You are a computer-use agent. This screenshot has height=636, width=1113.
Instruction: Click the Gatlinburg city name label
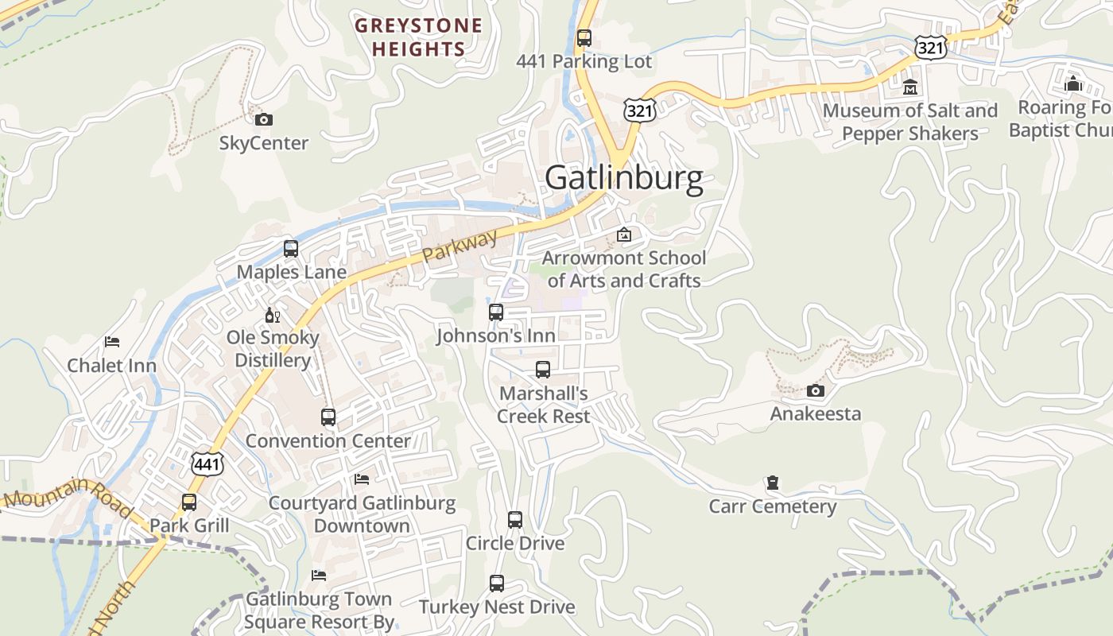click(x=624, y=178)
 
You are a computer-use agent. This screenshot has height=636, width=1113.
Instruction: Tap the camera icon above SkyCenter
click(x=264, y=120)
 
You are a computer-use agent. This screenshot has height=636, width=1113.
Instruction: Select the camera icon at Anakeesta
click(x=815, y=390)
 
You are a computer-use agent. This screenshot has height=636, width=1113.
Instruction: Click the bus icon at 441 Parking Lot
click(x=584, y=37)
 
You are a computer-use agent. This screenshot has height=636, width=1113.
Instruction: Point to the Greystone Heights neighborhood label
click(x=418, y=37)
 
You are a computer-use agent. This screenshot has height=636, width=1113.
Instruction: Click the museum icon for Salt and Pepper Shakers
click(x=910, y=87)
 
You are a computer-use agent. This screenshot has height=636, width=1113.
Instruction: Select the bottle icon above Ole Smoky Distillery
click(x=273, y=315)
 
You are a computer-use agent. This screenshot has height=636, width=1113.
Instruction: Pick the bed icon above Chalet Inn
click(x=112, y=342)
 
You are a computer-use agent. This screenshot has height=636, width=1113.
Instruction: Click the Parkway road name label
click(x=460, y=246)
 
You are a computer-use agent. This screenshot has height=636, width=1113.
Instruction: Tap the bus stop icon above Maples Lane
click(x=291, y=248)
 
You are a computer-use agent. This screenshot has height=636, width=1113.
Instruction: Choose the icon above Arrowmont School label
click(x=624, y=235)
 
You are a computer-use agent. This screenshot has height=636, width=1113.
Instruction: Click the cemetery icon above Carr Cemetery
click(x=772, y=483)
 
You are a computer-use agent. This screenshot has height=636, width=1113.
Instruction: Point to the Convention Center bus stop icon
click(x=328, y=417)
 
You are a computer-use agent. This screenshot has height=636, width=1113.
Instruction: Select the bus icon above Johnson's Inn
click(x=496, y=312)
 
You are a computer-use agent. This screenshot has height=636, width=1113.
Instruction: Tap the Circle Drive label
click(x=515, y=544)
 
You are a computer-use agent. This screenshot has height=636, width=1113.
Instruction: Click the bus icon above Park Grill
click(x=189, y=502)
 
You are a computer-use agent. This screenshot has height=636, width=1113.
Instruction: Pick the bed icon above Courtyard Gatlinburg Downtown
click(x=362, y=479)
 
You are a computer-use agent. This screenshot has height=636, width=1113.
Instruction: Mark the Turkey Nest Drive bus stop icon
click(x=497, y=584)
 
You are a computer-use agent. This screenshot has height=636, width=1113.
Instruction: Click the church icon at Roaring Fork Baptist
click(x=1073, y=83)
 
